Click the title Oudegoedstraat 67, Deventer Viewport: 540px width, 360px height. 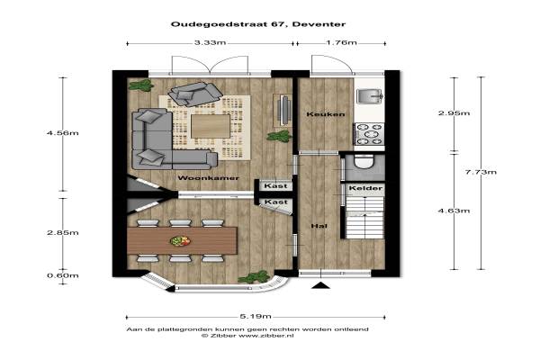coord(258,24)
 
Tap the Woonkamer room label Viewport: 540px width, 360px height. coord(209,178)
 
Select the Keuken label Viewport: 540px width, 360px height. coord(326,114)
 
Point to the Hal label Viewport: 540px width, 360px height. coord(319,226)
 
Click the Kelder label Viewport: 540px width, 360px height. coord(365,188)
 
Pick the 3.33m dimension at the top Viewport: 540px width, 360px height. coord(210,42)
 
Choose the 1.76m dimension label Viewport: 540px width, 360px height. coord(341,42)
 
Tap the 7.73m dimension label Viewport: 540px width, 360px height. coord(481,172)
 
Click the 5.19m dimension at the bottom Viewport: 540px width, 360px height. coord(256,316)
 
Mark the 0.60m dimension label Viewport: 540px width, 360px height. coord(63,275)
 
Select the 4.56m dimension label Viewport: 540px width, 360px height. coord(63,133)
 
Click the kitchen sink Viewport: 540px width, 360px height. coord(370,96)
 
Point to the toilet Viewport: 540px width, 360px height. coord(364,162)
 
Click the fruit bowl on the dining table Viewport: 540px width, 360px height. coord(180,241)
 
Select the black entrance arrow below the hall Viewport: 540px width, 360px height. coord(320,285)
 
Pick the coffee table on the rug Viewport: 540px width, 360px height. coord(211,126)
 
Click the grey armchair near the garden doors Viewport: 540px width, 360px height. coord(195,94)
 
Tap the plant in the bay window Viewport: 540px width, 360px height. coord(254,277)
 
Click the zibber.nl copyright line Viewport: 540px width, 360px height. coord(247,336)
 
